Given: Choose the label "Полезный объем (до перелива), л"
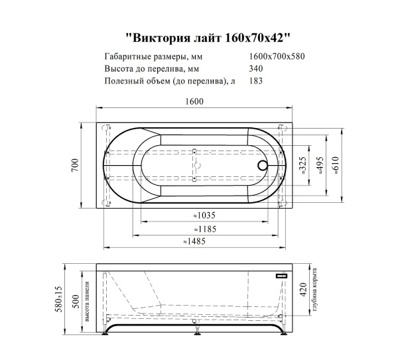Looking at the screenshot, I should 170,81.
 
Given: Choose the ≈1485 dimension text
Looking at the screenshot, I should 196,241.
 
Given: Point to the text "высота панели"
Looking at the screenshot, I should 88,302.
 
